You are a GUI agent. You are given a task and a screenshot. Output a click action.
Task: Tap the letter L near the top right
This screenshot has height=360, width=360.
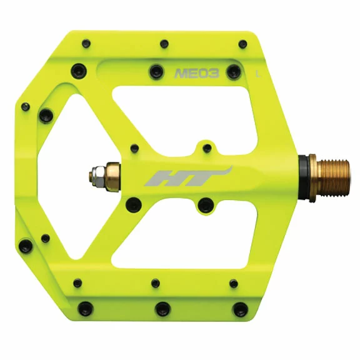click(x=258, y=74)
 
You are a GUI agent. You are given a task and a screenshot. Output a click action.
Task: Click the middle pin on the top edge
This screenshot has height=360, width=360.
click(x=164, y=44)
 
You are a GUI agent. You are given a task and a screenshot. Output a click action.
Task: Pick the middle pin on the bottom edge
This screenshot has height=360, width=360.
click(x=162, y=309)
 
